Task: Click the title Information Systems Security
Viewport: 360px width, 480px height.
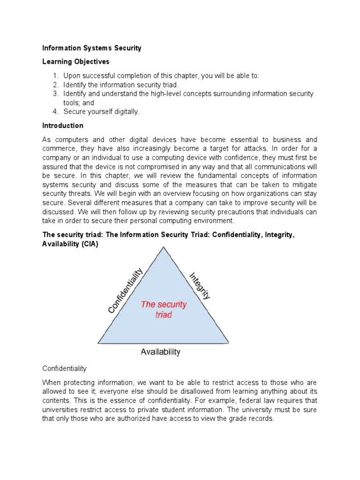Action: coord(91,48)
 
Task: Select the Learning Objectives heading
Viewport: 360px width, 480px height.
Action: coord(75,61)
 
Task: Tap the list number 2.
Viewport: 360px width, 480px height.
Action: coord(55,85)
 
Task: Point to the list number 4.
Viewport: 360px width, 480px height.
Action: coord(55,112)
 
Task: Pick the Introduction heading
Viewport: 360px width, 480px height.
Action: coord(63,126)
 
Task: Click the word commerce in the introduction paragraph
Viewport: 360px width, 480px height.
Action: coord(60,149)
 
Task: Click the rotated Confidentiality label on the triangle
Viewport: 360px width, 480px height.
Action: coord(125,291)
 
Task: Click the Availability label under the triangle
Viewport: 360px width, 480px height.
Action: coord(160,352)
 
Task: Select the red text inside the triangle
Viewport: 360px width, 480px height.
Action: coord(164,309)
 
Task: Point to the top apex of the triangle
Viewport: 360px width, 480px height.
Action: coord(163,247)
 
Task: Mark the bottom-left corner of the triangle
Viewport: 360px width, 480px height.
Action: coord(98,343)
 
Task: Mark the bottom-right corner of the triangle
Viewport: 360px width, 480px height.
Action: coord(228,343)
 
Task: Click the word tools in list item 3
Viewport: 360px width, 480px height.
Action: coord(72,103)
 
